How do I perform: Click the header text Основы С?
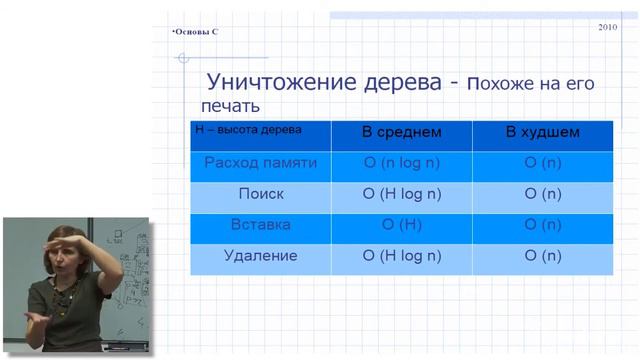(x=195, y=32)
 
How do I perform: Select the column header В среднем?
(x=401, y=132)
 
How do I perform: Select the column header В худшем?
(x=543, y=132)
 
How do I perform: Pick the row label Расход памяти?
(x=261, y=163)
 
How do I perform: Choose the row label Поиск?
(x=261, y=194)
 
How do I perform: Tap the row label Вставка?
(x=261, y=225)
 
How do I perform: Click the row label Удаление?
(x=261, y=256)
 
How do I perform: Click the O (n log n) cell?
(x=401, y=163)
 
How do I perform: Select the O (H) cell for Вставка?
(x=401, y=225)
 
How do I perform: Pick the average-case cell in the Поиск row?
(x=401, y=194)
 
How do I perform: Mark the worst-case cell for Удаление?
(x=543, y=256)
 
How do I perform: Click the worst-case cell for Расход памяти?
(x=543, y=163)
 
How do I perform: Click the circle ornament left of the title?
(x=183, y=59)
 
